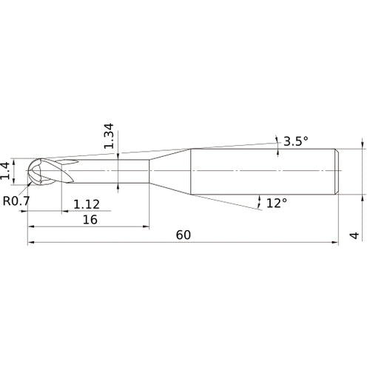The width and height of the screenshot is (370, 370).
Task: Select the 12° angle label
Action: point(276,203)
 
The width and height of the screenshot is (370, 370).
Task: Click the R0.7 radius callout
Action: point(16,201)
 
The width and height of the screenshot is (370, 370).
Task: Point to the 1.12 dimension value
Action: point(86,203)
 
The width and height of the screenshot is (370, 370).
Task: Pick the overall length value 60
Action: point(184,235)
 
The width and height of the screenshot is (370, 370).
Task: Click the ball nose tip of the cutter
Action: point(34,172)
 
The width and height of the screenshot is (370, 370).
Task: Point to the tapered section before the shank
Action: point(170,172)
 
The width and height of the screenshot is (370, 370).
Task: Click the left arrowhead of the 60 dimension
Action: point(31,242)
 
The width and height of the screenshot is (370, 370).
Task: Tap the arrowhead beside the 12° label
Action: point(259,200)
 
